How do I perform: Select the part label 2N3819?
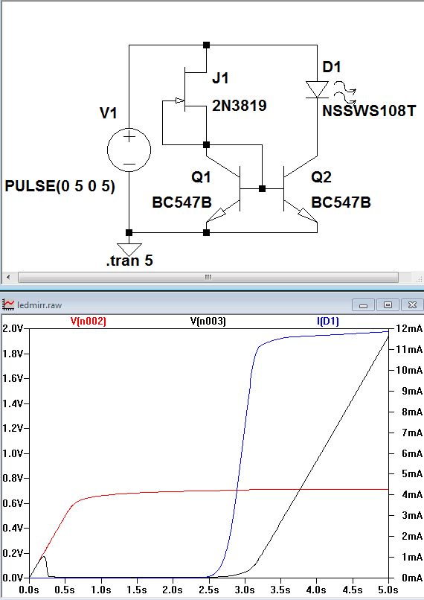240,105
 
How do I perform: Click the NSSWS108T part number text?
369,111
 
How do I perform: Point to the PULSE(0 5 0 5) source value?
60,186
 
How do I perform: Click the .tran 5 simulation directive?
129,261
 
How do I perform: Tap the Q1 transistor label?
201,177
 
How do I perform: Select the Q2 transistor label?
321,177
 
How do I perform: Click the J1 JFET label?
221,78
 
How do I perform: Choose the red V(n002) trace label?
89,321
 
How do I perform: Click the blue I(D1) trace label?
327,321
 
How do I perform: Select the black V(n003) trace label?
208,321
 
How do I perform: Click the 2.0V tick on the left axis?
12,329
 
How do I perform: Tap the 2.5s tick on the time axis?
209,590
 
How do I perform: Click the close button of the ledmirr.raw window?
412,305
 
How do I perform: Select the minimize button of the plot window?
363,305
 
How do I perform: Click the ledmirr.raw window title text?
39,305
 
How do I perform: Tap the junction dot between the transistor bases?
263,188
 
